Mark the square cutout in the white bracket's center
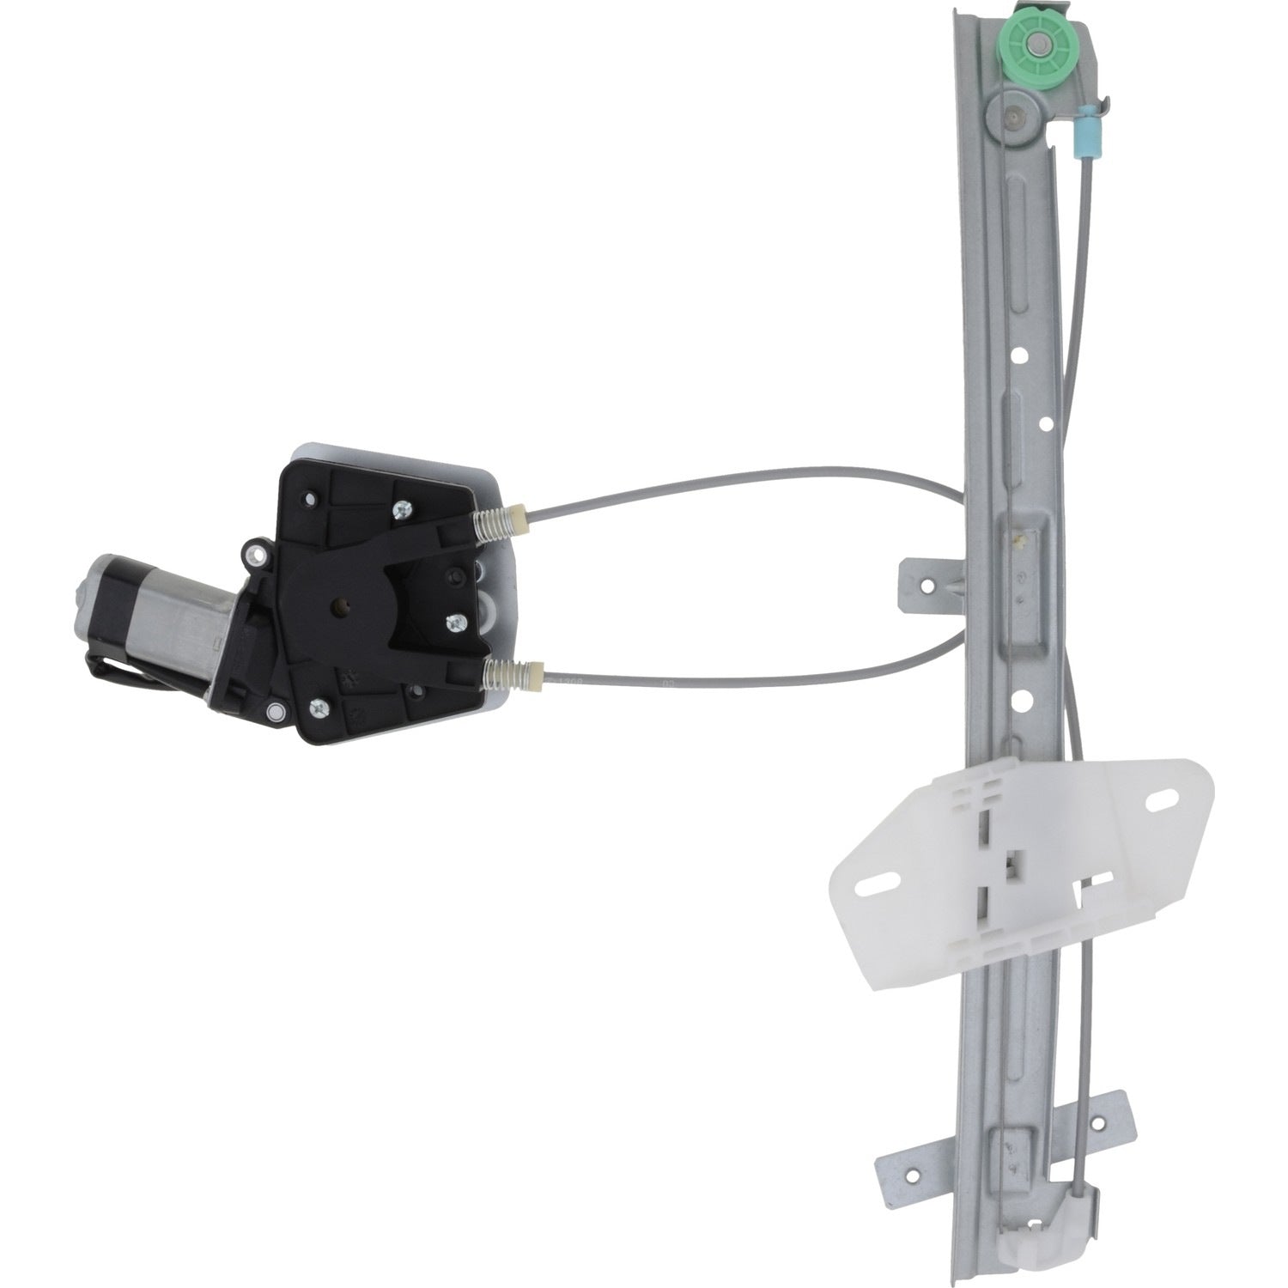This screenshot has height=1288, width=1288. point(1014,867)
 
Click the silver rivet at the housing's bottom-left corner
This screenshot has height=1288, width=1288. point(275,710)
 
